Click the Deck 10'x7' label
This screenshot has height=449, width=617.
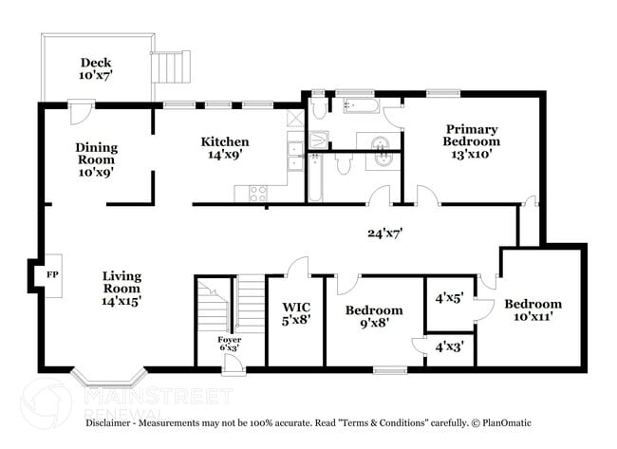pyautogui.click(x=96, y=68)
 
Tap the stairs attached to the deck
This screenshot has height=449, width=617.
pyautogui.click(x=166, y=68)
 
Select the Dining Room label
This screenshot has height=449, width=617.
pyautogui.click(x=97, y=160)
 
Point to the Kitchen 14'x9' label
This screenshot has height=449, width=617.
pyautogui.click(x=225, y=149)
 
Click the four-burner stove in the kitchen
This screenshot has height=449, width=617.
pyautogui.click(x=258, y=193)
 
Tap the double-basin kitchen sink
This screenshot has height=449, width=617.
pyautogui.click(x=296, y=154)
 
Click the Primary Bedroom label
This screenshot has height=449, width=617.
pyautogui.click(x=472, y=141)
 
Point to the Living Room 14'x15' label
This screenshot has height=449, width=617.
pyautogui.click(x=123, y=287)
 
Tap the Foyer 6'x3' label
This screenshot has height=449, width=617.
pyautogui.click(x=229, y=345)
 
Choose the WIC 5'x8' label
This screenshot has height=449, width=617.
pyautogui.click(x=294, y=314)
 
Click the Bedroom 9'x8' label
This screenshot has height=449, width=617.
pyautogui.click(x=373, y=317)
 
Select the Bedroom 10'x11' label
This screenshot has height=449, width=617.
pyautogui.click(x=533, y=310)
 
